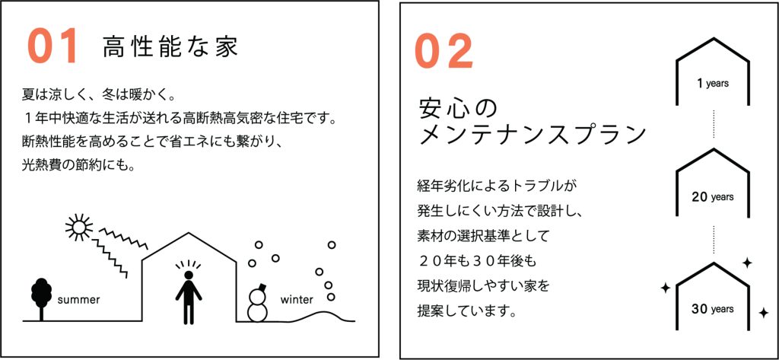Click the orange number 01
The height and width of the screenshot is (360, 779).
(52, 46)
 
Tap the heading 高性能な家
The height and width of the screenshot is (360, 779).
(171, 46)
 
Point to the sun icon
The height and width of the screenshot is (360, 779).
(79, 228)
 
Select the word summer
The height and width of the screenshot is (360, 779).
(79, 300)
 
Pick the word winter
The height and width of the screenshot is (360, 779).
(297, 300)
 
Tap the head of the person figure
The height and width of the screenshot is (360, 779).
(189, 275)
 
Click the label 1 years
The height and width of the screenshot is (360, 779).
(713, 84)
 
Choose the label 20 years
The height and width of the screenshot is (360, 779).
(713, 197)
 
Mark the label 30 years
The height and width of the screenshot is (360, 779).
(713, 309)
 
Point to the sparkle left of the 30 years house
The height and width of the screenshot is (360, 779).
(665, 288)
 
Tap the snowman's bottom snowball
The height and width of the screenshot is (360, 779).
(258, 312)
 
